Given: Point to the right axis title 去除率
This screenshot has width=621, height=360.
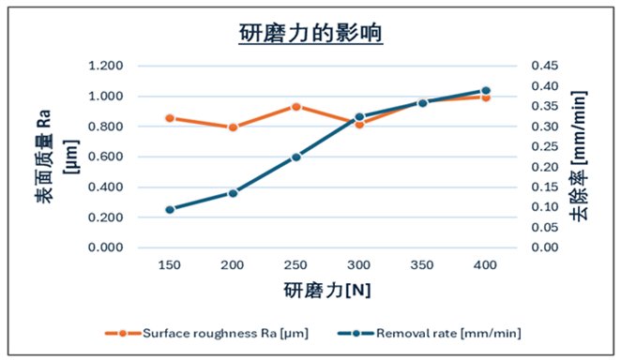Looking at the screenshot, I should tap(579, 199).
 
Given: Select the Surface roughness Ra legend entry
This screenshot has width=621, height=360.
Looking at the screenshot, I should tap(215, 332).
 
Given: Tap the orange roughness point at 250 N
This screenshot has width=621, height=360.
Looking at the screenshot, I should tap(295, 107).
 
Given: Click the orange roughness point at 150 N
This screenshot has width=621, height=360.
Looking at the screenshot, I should tap(170, 118).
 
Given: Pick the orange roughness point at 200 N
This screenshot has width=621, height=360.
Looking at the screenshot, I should tap(233, 127).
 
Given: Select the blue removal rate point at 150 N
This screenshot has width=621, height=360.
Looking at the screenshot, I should tap(170, 209).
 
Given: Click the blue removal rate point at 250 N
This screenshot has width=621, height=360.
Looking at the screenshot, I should tap(295, 157).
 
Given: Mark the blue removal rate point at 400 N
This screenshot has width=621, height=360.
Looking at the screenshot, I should tap(485, 91).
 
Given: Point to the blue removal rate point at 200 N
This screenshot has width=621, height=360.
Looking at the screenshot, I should tap(233, 193).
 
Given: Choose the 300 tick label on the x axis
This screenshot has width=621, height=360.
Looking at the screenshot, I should tap(358, 266).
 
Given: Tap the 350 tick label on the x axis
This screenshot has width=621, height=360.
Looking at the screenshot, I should tap(421, 266).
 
